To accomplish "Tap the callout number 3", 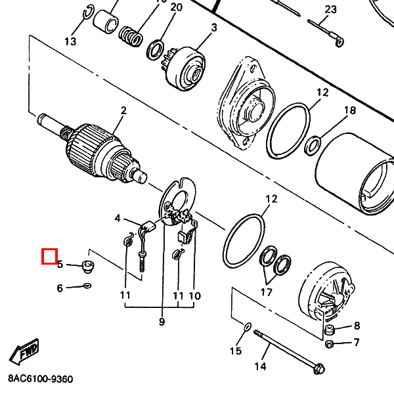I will (x=214, y=27).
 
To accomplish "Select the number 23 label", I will (x=330, y=9).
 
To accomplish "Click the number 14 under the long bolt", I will (x=261, y=366).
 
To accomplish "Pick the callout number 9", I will (x=162, y=321).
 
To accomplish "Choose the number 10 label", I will (x=194, y=296).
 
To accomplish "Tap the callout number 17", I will (x=267, y=292).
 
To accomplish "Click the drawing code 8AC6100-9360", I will (x=41, y=380).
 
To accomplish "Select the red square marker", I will (x=49, y=255).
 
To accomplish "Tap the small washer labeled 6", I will (x=87, y=286).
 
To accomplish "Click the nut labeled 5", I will (x=85, y=266).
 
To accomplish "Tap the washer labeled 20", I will (x=156, y=48).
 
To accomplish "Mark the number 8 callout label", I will (x=357, y=326).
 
